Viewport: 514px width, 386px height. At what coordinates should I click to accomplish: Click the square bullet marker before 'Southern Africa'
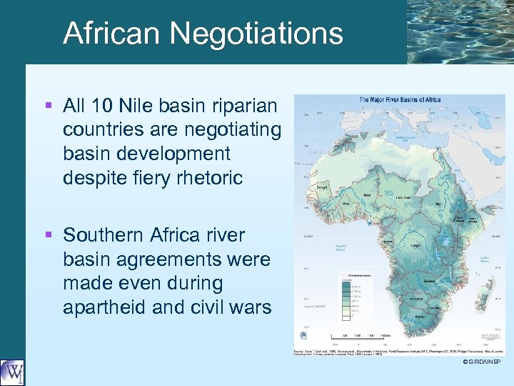[48, 235]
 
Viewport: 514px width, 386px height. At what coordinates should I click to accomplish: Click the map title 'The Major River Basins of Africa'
[399, 99]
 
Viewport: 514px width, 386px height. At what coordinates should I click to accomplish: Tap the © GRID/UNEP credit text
[482, 362]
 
